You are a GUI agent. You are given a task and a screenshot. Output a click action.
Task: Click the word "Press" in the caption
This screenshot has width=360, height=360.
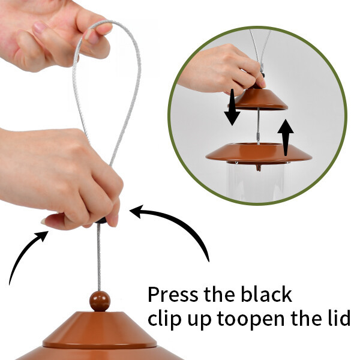point(173,294)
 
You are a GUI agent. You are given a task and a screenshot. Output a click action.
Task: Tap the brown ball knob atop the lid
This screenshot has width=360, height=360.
point(100,301)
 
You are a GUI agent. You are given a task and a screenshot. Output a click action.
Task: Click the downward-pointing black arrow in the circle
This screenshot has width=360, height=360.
point(232,107)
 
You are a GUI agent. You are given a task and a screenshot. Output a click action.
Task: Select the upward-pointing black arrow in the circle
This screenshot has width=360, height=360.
point(286,137)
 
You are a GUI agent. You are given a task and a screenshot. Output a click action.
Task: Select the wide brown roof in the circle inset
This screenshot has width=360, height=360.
point(259,152)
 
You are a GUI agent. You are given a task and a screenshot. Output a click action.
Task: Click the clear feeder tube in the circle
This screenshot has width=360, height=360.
point(257,181)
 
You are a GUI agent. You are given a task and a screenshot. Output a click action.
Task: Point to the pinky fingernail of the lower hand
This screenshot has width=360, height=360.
point(43,221)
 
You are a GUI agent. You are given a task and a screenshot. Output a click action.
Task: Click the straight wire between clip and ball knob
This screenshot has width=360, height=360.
point(99,257)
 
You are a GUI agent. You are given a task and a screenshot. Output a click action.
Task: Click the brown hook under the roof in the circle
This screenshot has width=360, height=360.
point(259,167)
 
